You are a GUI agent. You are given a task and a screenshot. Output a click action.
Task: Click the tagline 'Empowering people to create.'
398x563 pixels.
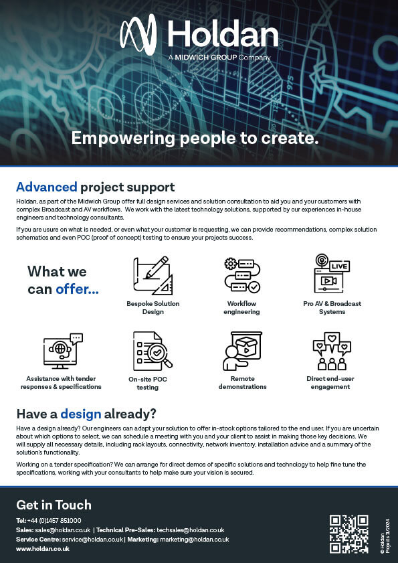point(195,139)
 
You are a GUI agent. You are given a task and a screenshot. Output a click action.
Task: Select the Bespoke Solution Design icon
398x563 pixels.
point(153,275)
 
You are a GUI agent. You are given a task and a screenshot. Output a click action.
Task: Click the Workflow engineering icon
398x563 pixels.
point(241,274)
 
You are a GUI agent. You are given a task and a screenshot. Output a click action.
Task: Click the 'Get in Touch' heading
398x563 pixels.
point(54,505)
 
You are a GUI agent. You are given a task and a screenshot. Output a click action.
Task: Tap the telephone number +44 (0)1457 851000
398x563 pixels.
point(54,520)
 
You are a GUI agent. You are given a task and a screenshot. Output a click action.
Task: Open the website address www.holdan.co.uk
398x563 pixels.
point(43,548)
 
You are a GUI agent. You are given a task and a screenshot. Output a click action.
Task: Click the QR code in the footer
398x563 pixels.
point(349,533)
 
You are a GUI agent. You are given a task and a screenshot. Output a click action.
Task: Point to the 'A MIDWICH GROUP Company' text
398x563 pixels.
point(220,58)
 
